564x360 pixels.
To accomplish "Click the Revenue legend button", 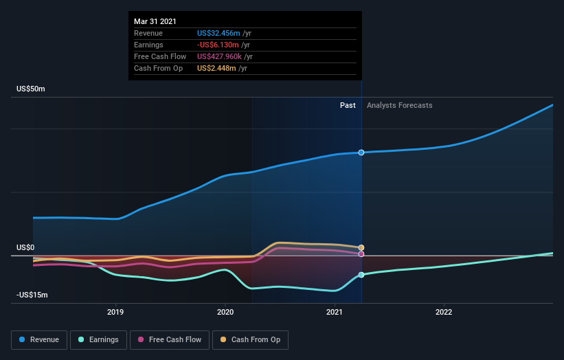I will (39, 339).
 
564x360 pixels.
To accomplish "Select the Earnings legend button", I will (98, 339).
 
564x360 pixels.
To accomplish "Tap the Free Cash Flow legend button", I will (170, 339).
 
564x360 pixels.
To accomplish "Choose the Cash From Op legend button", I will (251, 339).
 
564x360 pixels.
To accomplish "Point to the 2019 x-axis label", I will (115, 313).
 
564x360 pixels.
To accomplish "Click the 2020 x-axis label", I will (225, 313).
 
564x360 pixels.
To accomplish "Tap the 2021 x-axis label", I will (335, 313).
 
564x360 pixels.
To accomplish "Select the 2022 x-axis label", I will (444, 313).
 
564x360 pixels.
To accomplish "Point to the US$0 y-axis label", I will (25, 247).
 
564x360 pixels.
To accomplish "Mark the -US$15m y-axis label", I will (32, 295).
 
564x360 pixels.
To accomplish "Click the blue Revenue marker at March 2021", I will (361, 153).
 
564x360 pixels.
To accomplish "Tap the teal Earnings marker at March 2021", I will (361, 275).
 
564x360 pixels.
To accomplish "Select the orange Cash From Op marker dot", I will (361, 247).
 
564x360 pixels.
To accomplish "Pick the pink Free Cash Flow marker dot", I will (361, 254).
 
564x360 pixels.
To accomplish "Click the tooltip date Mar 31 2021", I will (155, 21).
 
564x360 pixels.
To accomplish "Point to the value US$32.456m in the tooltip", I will (218, 33).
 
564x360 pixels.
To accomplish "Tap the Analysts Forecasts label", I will (400, 105).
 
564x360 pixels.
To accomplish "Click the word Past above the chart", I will (348, 105).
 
